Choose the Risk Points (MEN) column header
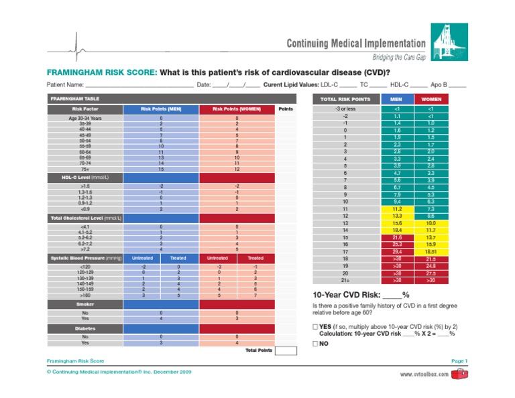point(160,108)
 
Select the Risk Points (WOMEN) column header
point(235,108)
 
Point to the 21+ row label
point(345,280)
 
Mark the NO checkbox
point(316,343)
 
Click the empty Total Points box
point(286,350)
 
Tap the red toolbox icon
point(459,373)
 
